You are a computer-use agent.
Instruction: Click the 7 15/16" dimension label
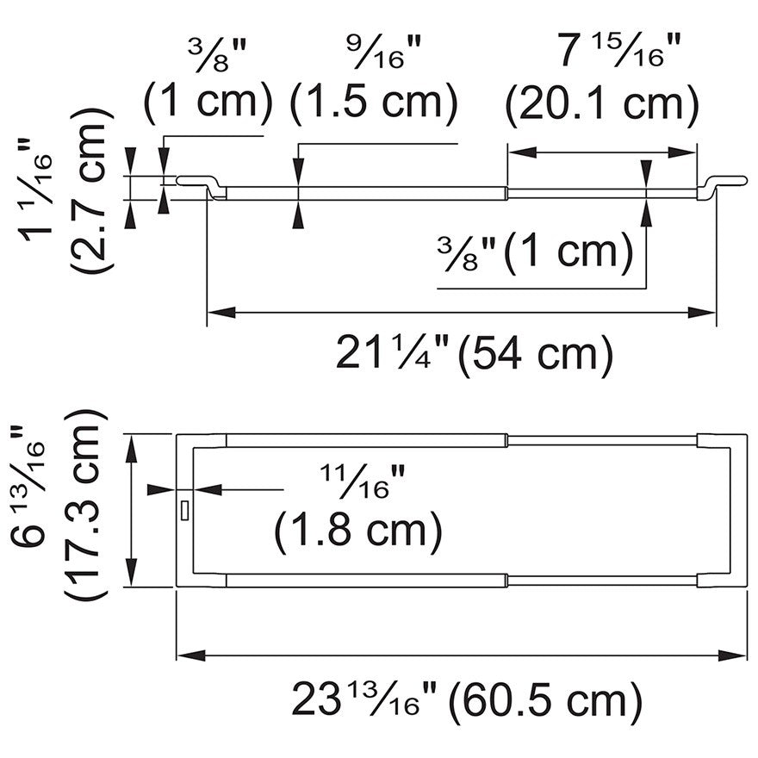point(620,49)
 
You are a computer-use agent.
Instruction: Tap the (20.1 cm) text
point(602,103)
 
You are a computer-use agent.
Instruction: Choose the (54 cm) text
point(535,353)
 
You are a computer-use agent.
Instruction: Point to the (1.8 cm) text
point(358,531)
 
